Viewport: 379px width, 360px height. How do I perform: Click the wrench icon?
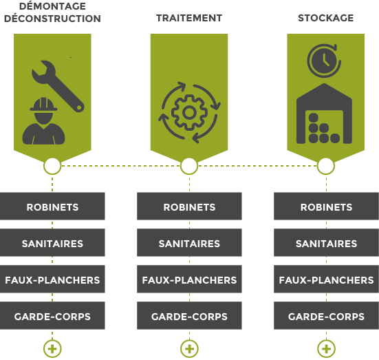(58, 86)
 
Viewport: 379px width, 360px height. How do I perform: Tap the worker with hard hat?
(43, 121)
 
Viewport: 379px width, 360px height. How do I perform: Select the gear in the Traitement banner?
(189, 112)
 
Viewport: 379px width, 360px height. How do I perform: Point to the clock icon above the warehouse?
(324, 61)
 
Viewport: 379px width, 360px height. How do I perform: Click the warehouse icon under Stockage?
(324, 114)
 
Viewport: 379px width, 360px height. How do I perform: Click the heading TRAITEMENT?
(189, 18)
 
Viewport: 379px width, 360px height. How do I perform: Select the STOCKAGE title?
(326, 18)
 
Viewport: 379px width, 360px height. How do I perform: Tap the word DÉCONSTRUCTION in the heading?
(52, 19)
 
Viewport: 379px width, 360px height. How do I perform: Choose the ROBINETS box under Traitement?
(189, 206)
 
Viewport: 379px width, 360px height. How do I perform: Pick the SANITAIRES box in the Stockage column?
(326, 243)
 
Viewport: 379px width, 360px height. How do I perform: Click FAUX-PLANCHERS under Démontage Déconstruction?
(52, 279)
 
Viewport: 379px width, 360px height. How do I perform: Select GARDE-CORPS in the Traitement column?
(189, 315)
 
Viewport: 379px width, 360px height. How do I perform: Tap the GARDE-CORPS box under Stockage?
(326, 315)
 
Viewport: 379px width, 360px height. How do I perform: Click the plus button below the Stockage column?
(326, 349)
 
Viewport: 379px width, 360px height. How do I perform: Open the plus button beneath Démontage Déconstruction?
(52, 349)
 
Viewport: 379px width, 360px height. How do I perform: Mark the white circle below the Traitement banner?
(189, 166)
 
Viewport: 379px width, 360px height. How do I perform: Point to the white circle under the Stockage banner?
(326, 166)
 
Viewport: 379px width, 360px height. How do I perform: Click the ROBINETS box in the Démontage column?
(52, 206)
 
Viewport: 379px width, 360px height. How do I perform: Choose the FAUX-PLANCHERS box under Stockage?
(326, 279)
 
